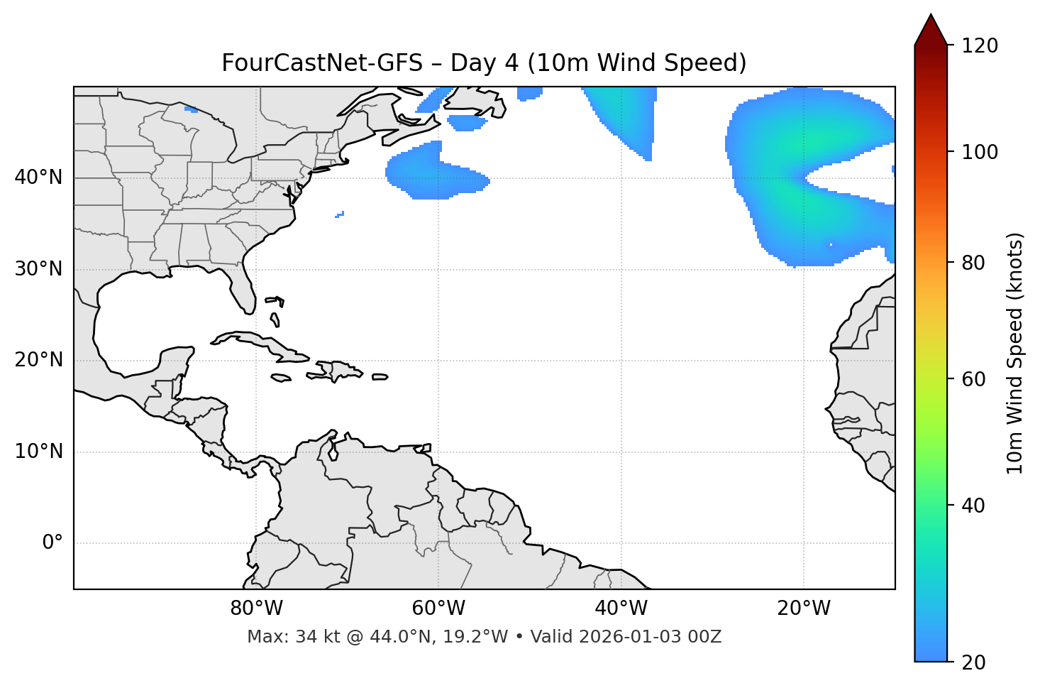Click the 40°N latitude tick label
[38, 178]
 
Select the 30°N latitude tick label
[38, 269]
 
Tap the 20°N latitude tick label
[38, 360]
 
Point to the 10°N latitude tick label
[38, 452]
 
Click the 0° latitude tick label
[52, 543]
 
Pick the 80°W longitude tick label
[256, 608]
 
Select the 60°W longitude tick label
[438, 608]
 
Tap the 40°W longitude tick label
[621, 608]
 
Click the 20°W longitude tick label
[804, 608]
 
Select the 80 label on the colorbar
[973, 263]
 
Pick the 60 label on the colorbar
[973, 379]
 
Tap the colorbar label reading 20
[973, 662]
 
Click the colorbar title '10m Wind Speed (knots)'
[1015, 353]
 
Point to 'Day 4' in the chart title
[485, 63]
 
